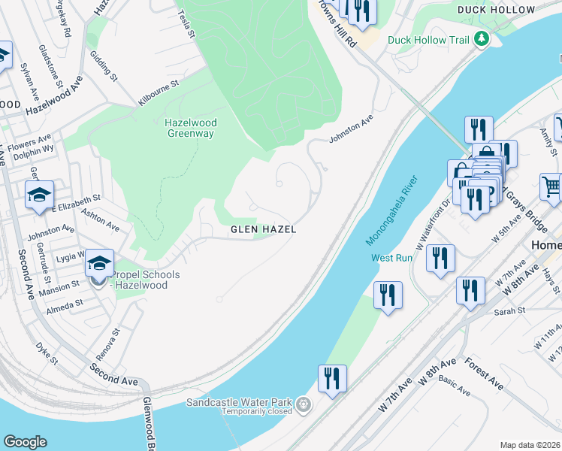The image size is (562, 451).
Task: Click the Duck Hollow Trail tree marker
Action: click(482, 39)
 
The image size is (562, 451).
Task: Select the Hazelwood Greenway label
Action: click(190, 128)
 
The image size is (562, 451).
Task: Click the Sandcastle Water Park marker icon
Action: click(304, 404)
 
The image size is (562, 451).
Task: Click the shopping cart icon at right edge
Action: click(551, 186)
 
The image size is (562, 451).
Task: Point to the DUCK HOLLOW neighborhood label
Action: click(496, 10)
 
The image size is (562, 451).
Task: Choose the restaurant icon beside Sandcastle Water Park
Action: click(331, 378)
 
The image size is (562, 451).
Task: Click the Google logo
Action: click(25, 442)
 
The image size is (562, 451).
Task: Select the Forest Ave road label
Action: click(484, 373)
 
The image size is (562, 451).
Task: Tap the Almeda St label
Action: click(65, 305)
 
